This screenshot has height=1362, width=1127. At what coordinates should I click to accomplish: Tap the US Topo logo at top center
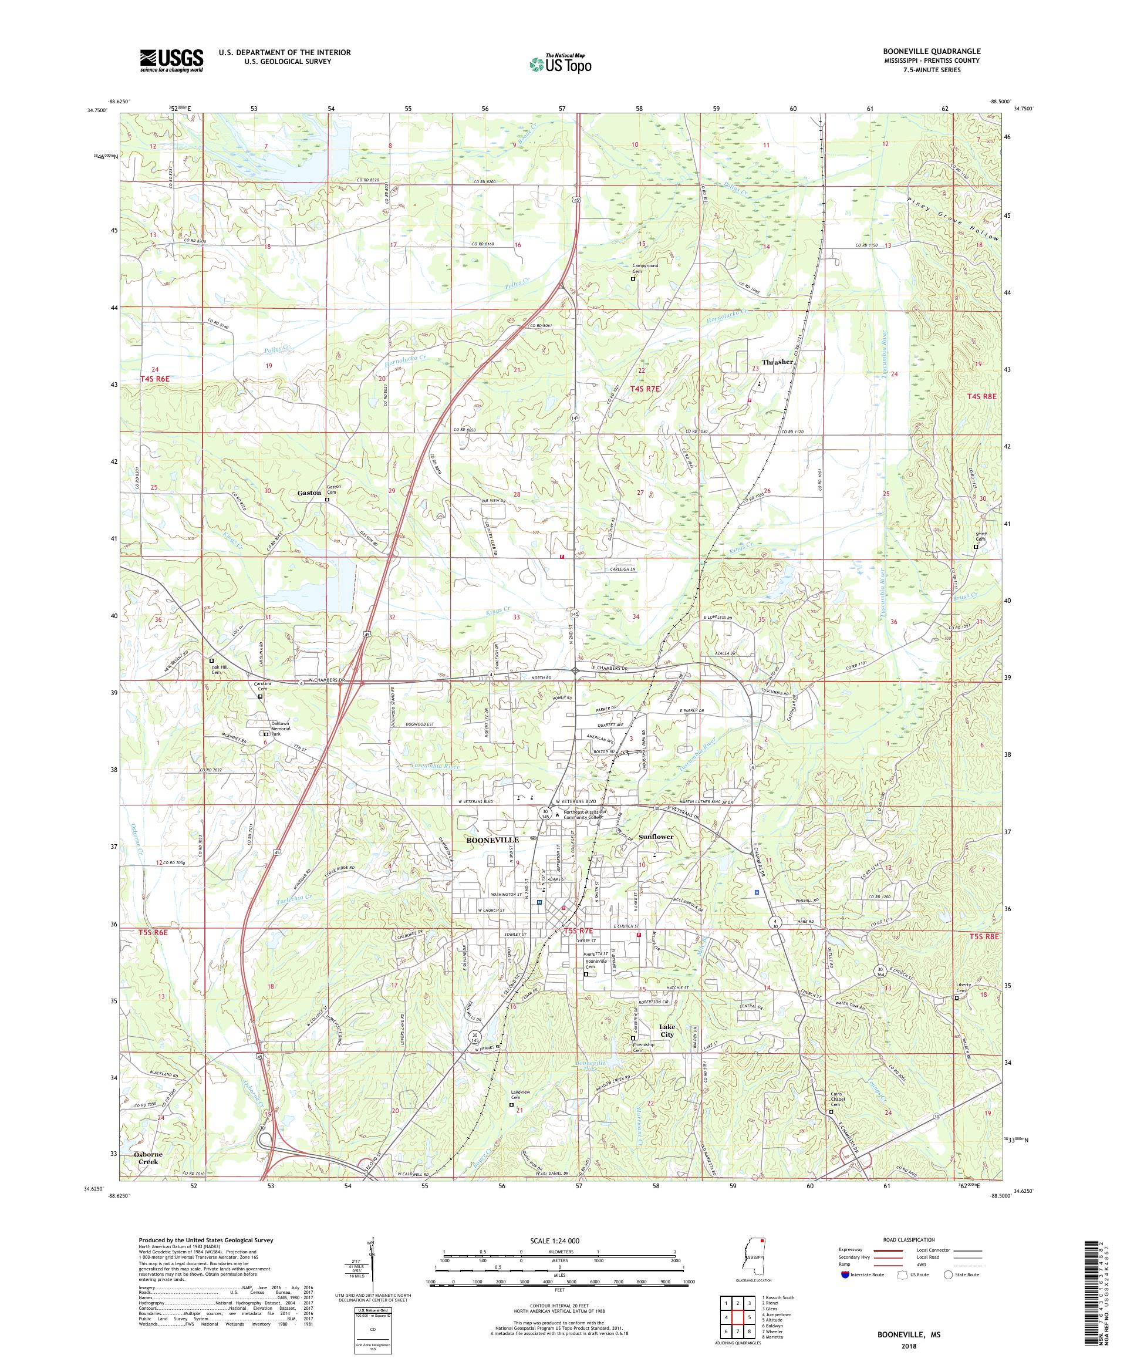[x=562, y=63]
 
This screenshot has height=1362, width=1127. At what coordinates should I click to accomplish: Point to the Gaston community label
[x=309, y=493]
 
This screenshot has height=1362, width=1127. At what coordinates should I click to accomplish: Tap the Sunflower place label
[x=656, y=837]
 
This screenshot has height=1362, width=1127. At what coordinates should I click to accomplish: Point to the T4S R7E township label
[x=645, y=389]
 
